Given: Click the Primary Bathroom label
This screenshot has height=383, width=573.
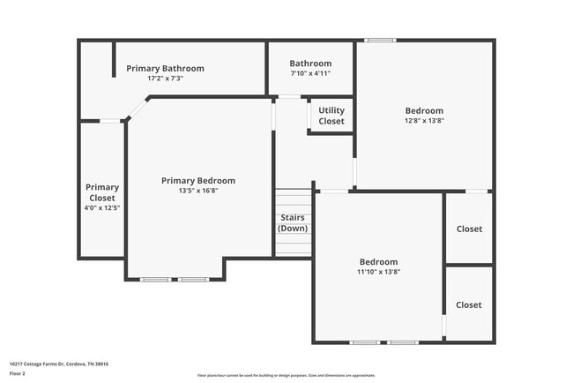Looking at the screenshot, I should pyautogui.click(x=165, y=68).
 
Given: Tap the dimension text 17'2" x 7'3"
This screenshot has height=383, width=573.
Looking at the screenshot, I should pyautogui.click(x=165, y=79).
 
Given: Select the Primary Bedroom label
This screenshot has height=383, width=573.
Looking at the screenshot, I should pyautogui.click(x=198, y=180).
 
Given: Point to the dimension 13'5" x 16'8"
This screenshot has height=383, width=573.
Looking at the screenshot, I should pyautogui.click(x=198, y=191).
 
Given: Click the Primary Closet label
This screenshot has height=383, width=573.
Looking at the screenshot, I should pyautogui.click(x=102, y=192).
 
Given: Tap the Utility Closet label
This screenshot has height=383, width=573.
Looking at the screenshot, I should pyautogui.click(x=331, y=116).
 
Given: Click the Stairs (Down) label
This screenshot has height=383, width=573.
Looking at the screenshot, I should pyautogui.click(x=293, y=222).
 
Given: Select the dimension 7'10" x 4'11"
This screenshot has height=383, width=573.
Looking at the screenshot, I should pyautogui.click(x=310, y=73).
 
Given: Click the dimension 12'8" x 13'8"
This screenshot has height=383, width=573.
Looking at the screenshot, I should pyautogui.click(x=424, y=121).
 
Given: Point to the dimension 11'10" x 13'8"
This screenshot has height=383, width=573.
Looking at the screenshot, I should pyautogui.click(x=378, y=272).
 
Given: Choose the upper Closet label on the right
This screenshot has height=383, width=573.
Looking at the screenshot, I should pyautogui.click(x=469, y=229).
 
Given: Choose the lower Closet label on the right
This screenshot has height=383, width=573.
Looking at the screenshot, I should pyautogui.click(x=469, y=304).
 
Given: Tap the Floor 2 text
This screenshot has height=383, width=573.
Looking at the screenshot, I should pyautogui.click(x=18, y=373).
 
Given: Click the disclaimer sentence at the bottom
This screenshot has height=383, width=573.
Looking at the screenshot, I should pyautogui.click(x=286, y=375).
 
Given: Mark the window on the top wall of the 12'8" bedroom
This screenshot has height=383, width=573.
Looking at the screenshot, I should pyautogui.click(x=381, y=40).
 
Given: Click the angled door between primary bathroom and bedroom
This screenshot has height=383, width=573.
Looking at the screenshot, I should pyautogui.click(x=136, y=108).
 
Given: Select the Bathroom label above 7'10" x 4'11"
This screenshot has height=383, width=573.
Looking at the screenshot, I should pyautogui.click(x=310, y=64).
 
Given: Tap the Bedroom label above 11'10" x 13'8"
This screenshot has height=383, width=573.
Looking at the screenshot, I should pyautogui.click(x=378, y=261).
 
